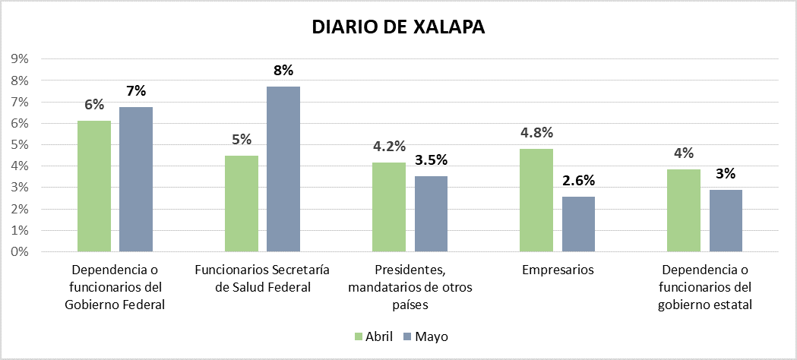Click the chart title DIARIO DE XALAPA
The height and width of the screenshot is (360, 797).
[398, 27]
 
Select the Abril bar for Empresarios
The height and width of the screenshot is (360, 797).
[536, 200]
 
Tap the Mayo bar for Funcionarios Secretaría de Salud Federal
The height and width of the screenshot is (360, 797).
[283, 169]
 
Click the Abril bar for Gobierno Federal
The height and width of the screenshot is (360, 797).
[94, 186]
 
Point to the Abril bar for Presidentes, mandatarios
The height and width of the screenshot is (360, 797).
[389, 207]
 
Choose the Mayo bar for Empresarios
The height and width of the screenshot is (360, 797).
[578, 223]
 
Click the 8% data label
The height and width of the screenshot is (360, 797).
[283, 71]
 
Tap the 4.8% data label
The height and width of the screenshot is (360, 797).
[536, 133]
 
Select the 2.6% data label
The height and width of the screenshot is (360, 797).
[578, 181]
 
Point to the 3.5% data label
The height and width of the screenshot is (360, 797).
[431, 160]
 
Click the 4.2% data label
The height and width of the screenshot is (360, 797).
[389, 147]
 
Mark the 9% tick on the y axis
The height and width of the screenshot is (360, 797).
[20, 58]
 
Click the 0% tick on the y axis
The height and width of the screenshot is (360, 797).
[20, 251]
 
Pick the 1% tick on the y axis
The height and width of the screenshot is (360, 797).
[20, 230]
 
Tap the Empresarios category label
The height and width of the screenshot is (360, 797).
[558, 270]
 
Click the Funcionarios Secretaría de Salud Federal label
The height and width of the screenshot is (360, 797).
[262, 278]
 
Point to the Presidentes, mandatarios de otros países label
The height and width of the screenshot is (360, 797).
[410, 287]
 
